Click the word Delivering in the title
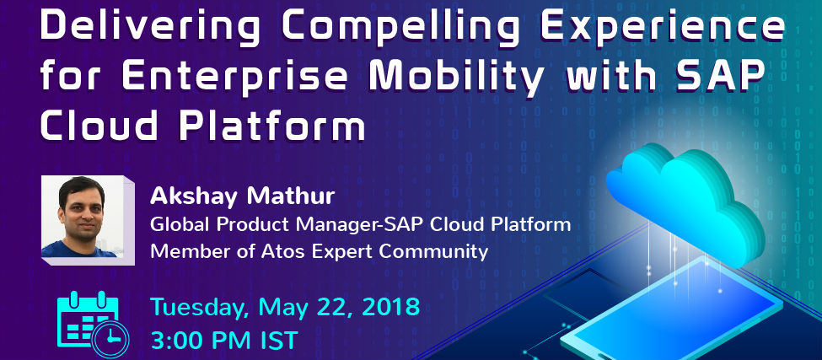click(x=150, y=27)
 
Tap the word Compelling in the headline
click(x=400, y=27)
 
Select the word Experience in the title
click(x=661, y=27)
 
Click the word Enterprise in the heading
click(x=235, y=77)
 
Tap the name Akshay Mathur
click(x=242, y=196)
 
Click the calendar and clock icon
click(x=92, y=325)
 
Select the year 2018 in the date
click(x=390, y=307)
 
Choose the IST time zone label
click(x=279, y=341)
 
